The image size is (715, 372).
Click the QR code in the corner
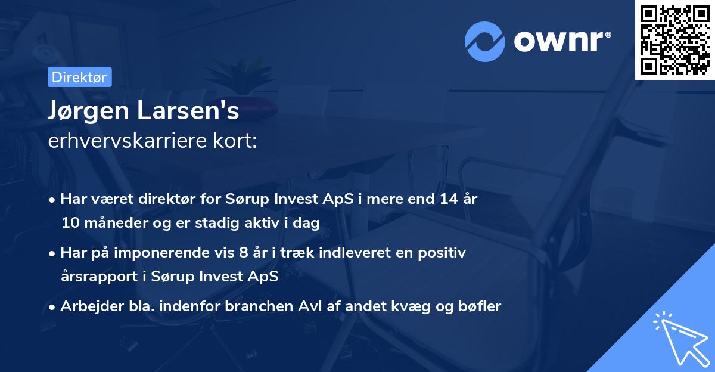tap(675, 40)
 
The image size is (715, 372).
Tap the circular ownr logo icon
tap(484, 42)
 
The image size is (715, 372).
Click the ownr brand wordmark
tap(562, 41)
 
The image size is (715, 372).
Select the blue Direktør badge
tap(80, 77)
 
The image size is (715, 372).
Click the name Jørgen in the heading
tap(88, 110)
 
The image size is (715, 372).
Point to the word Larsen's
tap(188, 110)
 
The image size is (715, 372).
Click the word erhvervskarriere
tap(128, 141)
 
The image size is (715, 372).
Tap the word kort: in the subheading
tap(235, 141)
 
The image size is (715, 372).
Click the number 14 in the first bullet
tap(449, 199)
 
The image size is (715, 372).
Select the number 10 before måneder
tap(70, 222)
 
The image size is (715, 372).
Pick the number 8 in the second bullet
tap(244, 253)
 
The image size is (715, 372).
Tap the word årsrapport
tap(100, 277)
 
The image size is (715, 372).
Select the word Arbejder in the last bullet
tap(91, 306)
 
